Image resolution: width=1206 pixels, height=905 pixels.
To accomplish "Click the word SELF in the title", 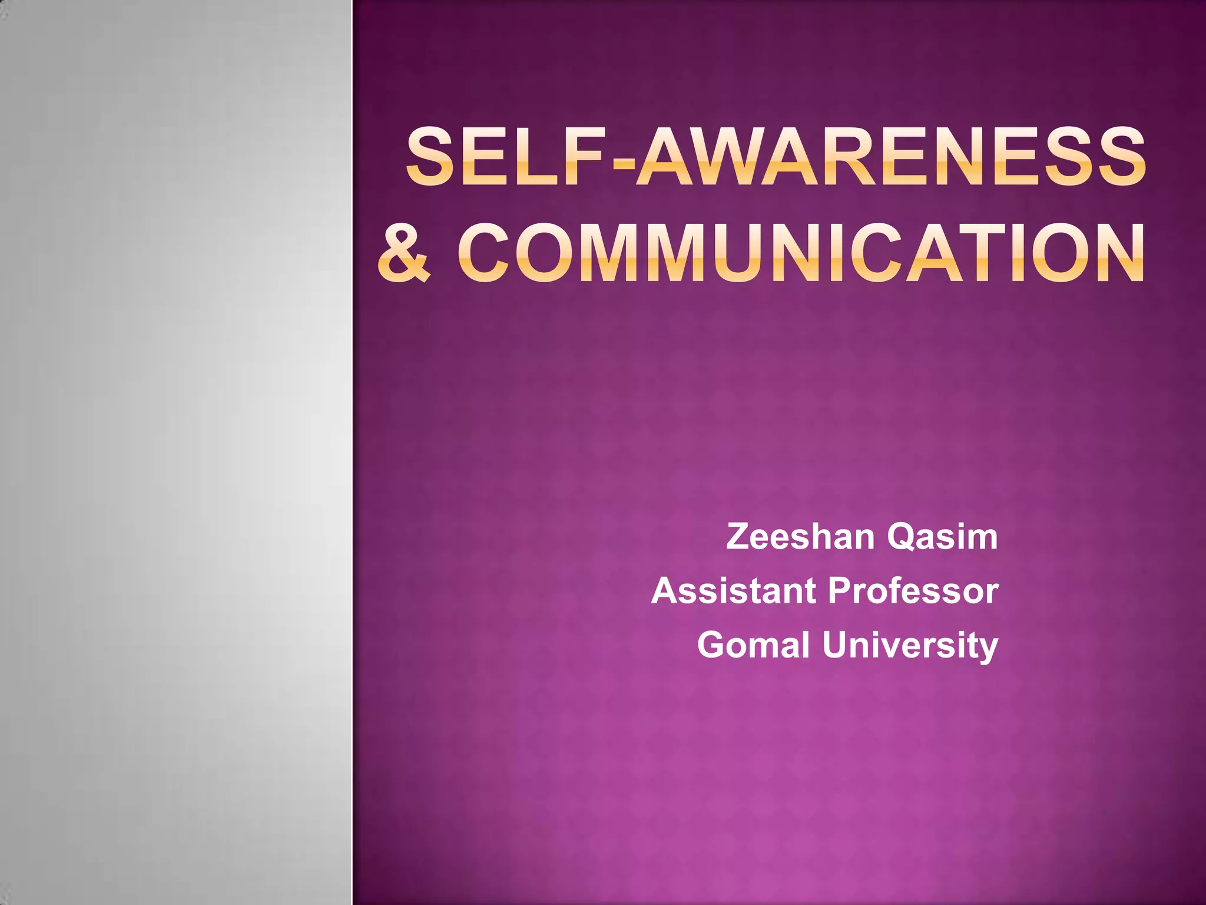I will [507, 157].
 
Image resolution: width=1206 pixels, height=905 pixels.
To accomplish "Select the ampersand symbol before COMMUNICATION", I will [405, 253].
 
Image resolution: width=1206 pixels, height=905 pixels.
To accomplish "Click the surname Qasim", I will [943, 538].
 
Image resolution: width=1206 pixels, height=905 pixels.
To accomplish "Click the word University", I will [910, 646].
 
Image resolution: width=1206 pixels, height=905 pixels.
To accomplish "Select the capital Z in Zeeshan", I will [740, 537].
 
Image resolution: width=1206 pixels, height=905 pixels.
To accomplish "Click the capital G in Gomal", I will [713, 645].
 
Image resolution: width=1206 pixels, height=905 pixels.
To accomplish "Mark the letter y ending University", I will [987, 648].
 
